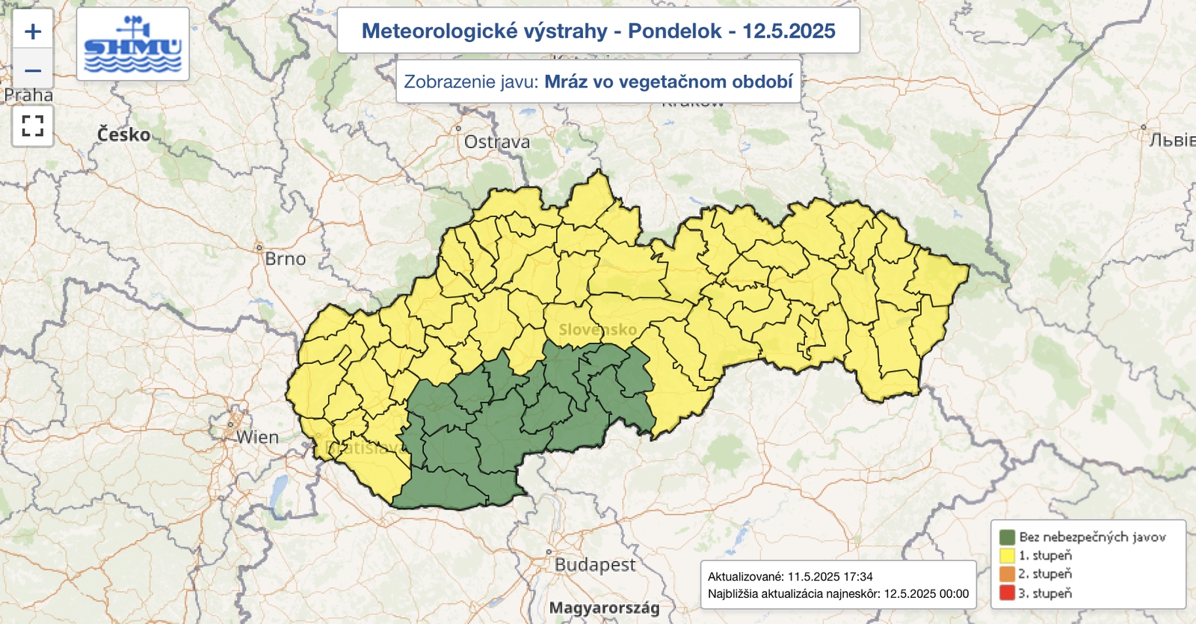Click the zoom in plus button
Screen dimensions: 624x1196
pos(32,31)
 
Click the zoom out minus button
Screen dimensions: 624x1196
pos(32,71)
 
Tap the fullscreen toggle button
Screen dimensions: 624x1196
pos(32,126)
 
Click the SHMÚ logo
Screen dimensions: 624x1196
pos(133,45)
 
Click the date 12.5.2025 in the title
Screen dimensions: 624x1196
pos(789,31)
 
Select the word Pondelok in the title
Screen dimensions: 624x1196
pos(674,31)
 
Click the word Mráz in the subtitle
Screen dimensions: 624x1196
pos(566,82)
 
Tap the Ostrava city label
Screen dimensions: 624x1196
pos(496,142)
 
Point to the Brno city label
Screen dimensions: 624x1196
pos(286,259)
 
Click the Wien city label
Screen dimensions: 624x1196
pos(257,438)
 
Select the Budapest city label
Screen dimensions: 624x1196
pos(595,565)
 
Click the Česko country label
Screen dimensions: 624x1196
pos(124,135)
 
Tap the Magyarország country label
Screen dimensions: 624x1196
pos(604,608)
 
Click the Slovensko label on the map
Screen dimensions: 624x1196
pos(597,330)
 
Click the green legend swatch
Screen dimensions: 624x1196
pos(1007,536)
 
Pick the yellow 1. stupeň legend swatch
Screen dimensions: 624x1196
pos(1007,555)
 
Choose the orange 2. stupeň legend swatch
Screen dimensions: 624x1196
pos(1007,574)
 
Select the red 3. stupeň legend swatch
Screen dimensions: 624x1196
pos(1007,593)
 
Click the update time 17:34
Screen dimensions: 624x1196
pos(858,577)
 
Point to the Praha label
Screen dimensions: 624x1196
pos(28,96)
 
